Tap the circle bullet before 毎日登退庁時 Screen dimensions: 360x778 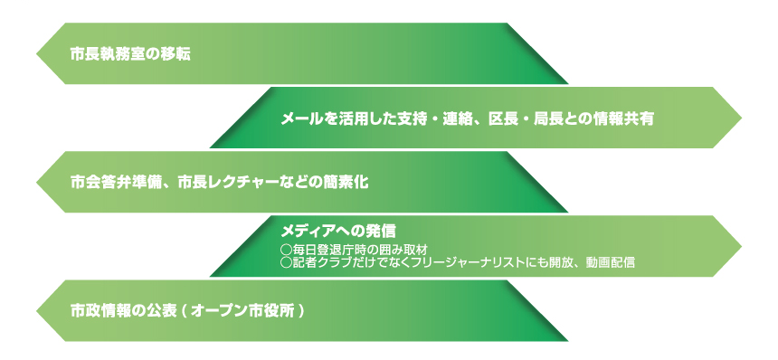[x=286, y=248]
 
